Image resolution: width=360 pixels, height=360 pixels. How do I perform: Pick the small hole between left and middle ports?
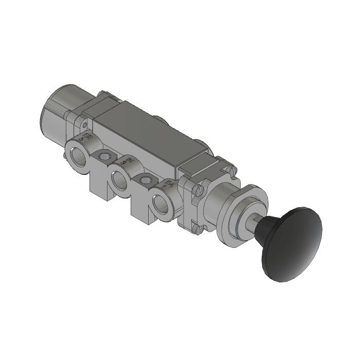click(x=105, y=156)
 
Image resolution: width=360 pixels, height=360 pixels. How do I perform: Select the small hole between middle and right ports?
click(x=147, y=181)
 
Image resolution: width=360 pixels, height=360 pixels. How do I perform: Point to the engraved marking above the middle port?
click(x=124, y=161)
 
